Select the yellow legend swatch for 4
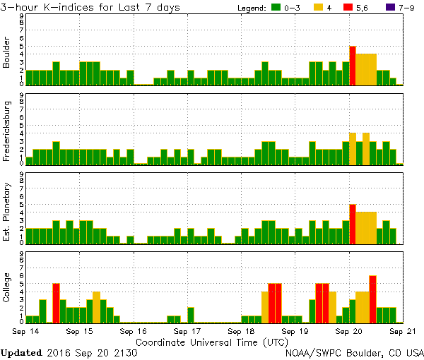pos(319,8)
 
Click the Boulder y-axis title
pos(7,52)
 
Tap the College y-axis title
pos(7,288)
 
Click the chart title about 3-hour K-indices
pos(90,7)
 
